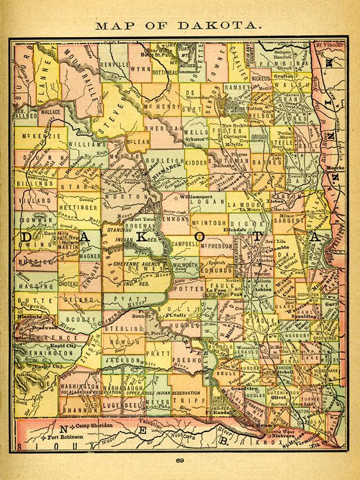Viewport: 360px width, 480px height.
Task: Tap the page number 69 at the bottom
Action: pos(180,461)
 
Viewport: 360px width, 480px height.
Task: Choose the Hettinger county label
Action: pos(79,207)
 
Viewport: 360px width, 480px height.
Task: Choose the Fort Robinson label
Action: pos(69,436)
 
